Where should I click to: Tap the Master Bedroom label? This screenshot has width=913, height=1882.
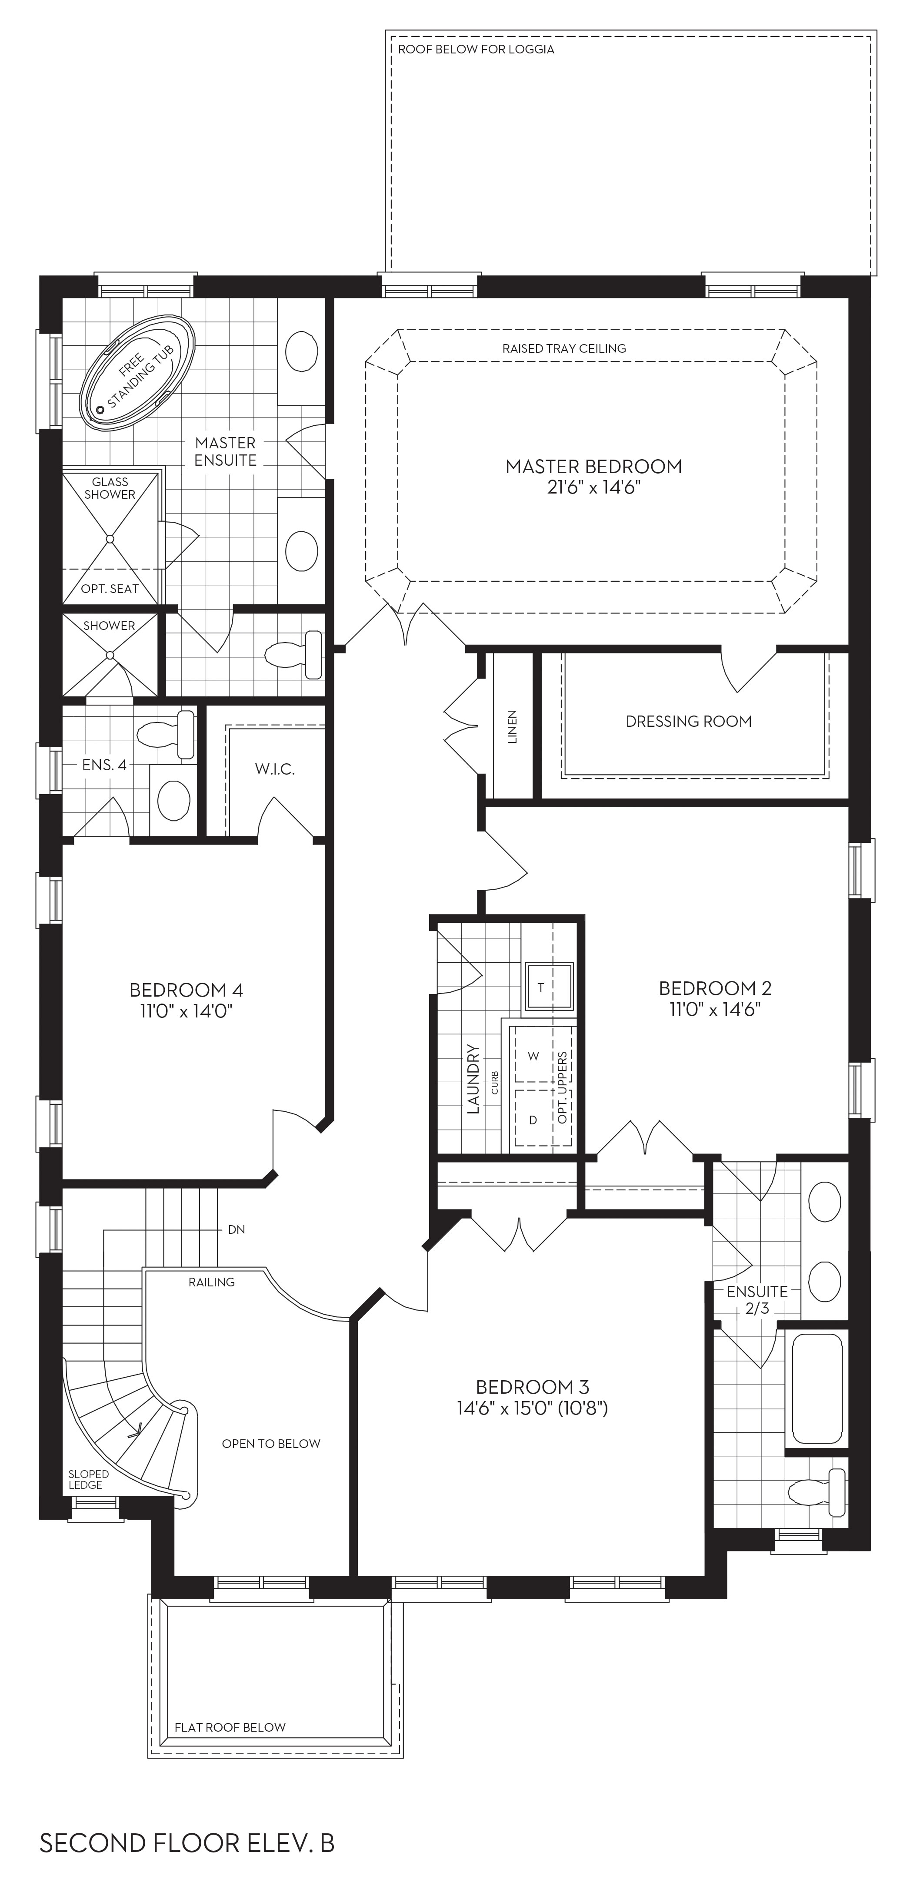click(x=593, y=466)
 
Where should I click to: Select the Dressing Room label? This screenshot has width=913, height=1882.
click(x=689, y=721)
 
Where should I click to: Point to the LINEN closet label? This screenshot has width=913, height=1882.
click(x=513, y=726)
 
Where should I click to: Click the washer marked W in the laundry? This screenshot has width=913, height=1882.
click(x=533, y=1056)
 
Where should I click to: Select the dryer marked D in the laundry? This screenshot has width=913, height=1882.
click(x=533, y=1119)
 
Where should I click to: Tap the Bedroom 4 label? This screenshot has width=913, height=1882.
click(x=187, y=990)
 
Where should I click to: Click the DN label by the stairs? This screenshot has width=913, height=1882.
click(x=236, y=1229)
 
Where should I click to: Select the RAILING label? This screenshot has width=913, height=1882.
click(x=211, y=1282)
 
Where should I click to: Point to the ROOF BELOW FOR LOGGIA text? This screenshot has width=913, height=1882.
click(x=476, y=50)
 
